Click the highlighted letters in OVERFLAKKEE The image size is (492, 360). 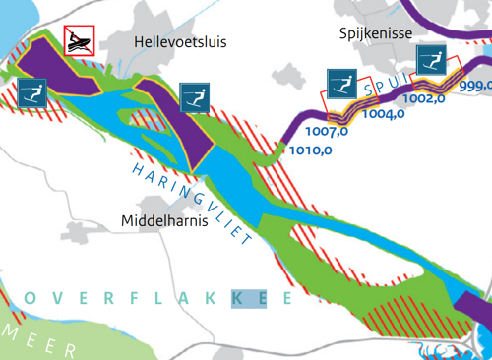coord(248,297)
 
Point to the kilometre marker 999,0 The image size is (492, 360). coord(474,86)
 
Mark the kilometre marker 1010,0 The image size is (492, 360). coord(311,151)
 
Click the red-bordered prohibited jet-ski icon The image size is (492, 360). coord(79,41)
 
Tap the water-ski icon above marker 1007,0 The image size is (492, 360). coord(340,84)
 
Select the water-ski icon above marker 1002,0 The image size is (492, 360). coord(431,58)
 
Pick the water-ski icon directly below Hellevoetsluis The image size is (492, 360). coord(195,97)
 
